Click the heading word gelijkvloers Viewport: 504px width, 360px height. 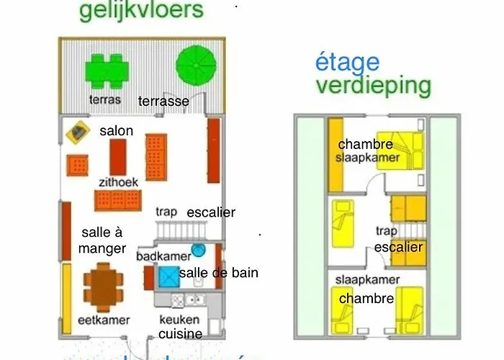click(141, 11)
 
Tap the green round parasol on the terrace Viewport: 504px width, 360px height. click(197, 66)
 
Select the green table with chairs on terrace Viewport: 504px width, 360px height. click(107, 70)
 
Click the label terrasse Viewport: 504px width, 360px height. click(163, 102)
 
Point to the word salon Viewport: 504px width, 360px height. click(116, 130)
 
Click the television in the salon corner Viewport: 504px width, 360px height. click(77, 132)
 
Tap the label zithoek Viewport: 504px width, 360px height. click(118, 182)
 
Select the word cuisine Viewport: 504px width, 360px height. click(180, 333)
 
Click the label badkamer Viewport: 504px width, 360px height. click(163, 255)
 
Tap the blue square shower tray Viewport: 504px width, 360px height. click(169, 276)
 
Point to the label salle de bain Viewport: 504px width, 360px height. click(218, 273)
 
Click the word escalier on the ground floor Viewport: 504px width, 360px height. click(210, 212)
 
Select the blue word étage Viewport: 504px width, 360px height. click(348, 63)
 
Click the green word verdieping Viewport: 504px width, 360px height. click(373, 86)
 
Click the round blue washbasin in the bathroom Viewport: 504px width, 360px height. click(199, 250)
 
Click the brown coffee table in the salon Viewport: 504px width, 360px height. click(118, 157)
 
